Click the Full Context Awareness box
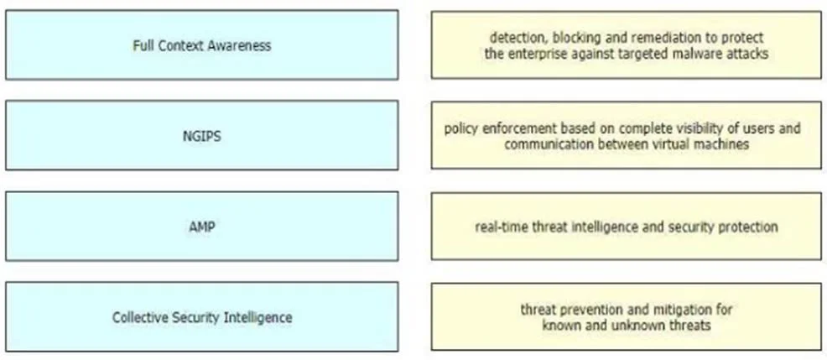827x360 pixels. click(202, 44)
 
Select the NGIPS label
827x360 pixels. click(202, 136)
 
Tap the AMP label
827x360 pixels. click(202, 227)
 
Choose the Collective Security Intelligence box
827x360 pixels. click(202, 316)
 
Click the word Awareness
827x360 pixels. click(239, 45)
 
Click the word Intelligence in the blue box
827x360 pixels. click(257, 317)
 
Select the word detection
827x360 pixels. click(518, 38)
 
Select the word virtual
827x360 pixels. click(668, 144)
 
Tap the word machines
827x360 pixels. click(720, 144)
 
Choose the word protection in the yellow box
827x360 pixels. click(745, 227)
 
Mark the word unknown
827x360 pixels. click(634, 325)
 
